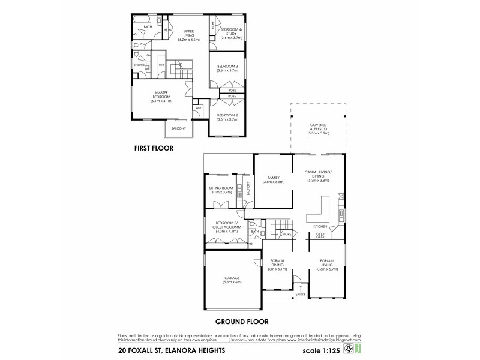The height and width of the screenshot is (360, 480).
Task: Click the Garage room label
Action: (232, 280)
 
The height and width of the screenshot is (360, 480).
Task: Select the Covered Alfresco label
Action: (319, 129)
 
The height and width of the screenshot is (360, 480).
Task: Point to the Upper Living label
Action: (189, 35)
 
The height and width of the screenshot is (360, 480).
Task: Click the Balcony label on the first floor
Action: (178, 129)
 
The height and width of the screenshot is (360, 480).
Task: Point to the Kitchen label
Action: (320, 226)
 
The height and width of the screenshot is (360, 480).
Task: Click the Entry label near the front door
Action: (301, 295)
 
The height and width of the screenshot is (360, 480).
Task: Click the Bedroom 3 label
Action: (229, 68)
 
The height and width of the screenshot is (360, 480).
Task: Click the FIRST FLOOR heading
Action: (154, 146)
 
